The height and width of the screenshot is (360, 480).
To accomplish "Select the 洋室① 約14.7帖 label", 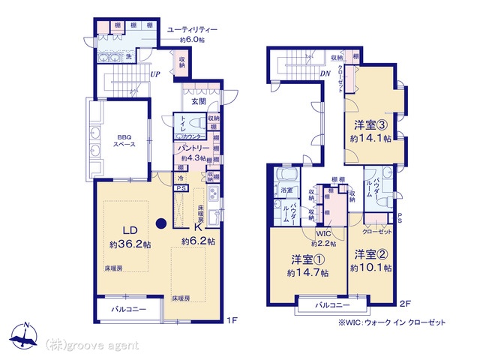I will pyautogui.click(x=307, y=266).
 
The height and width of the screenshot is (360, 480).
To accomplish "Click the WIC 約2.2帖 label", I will pyautogui.click(x=325, y=238).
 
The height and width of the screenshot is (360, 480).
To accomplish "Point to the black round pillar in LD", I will pyautogui.click(x=160, y=222).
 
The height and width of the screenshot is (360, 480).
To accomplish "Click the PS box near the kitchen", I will pyautogui.click(x=181, y=189).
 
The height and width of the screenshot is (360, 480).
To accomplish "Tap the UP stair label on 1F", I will pyautogui.click(x=154, y=74).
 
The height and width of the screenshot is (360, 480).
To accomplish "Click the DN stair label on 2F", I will pyautogui.click(x=325, y=74).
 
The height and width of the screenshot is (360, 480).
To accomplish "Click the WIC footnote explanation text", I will pyautogui.click(x=391, y=322).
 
